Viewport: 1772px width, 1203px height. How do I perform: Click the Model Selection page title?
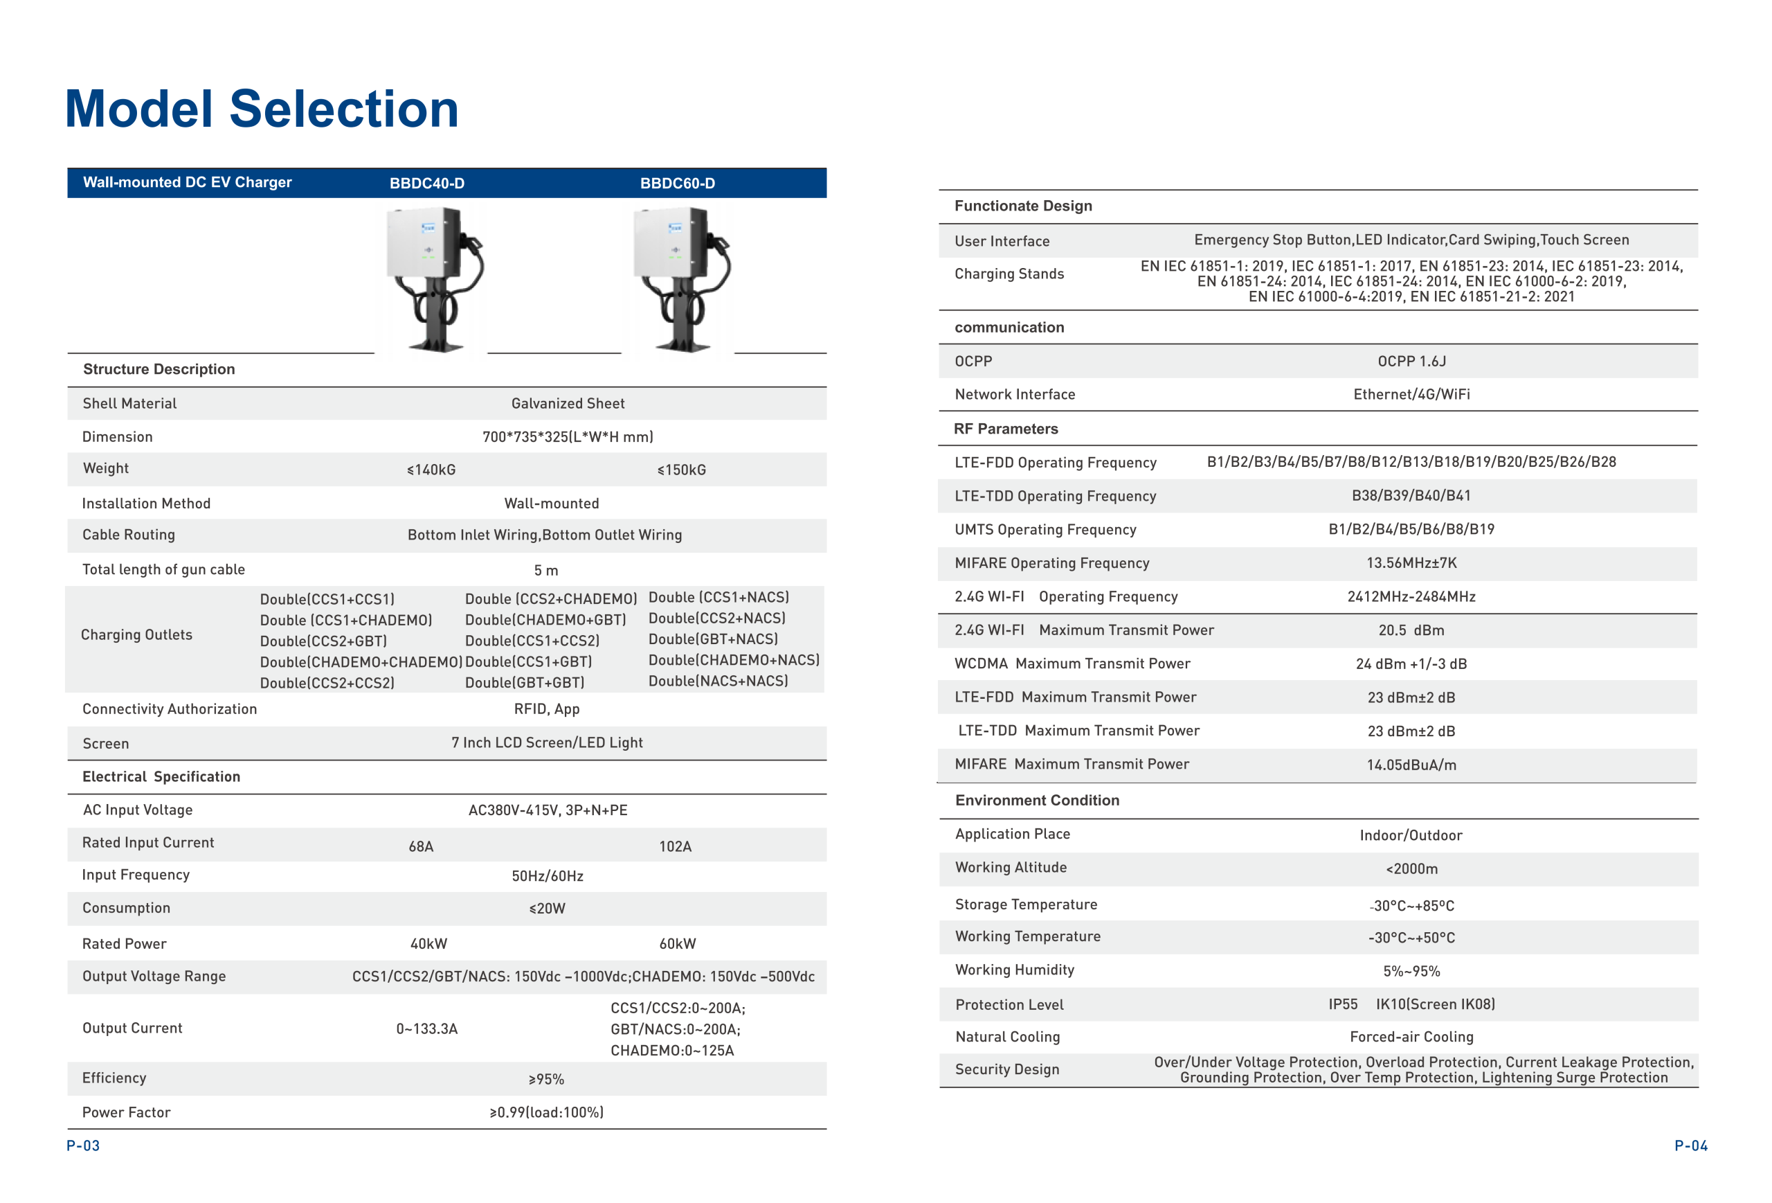tap(262, 109)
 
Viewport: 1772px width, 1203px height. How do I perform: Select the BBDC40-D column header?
tap(427, 183)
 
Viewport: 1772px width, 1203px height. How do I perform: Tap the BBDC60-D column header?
tap(677, 183)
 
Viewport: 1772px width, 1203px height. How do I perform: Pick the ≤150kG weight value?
tap(681, 470)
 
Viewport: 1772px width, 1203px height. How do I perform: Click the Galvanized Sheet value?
tap(568, 404)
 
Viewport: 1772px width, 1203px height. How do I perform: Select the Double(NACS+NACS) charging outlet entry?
tap(718, 681)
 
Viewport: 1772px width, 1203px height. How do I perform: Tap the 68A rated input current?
tap(421, 846)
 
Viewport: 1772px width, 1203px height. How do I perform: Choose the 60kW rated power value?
tap(677, 944)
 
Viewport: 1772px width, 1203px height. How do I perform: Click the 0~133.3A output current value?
tap(426, 1028)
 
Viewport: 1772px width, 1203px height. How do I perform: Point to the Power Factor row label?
tap(126, 1112)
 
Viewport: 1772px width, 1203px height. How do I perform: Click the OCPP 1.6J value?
tap(1411, 362)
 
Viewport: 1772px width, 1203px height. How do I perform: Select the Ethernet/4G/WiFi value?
tap(1411, 394)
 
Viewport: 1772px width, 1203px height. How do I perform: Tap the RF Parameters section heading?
tap(1006, 429)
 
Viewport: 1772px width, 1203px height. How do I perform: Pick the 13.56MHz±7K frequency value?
tap(1411, 563)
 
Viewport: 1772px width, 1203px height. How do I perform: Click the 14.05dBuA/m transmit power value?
tap(1411, 765)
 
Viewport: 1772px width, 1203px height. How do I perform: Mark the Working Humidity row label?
tap(1014, 970)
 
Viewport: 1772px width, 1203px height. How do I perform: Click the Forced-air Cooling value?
tap(1411, 1037)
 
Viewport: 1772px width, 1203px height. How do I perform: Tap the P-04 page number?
tap(1690, 1145)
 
